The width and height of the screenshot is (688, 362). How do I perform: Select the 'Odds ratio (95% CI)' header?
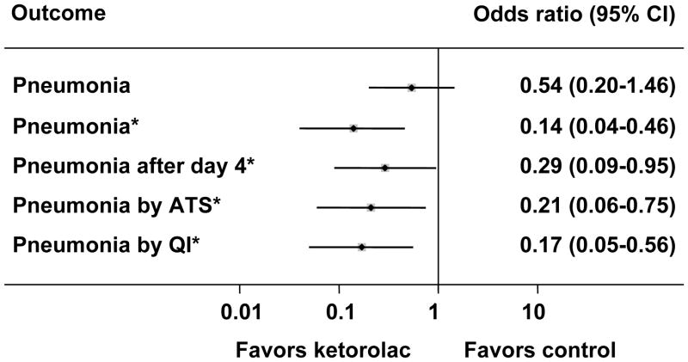coord(589,15)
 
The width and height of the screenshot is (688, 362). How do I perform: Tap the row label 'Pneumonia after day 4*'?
coord(133,167)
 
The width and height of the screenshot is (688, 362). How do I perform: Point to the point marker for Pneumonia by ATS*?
coord(371,207)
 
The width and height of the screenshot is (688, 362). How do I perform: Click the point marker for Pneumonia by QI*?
coord(361,247)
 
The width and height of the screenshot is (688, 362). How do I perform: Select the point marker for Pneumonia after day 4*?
coord(384,168)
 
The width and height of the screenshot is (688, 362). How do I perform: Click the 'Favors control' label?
coord(539,349)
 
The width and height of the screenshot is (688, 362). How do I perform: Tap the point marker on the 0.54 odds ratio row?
coord(411,88)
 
